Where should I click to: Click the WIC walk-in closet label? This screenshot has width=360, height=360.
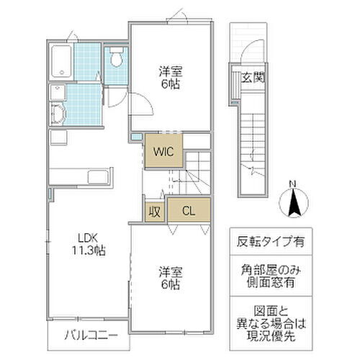[x=161, y=151]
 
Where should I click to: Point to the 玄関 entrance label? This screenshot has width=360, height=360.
[x=251, y=78]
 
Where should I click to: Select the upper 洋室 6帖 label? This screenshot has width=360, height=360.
[x=171, y=78]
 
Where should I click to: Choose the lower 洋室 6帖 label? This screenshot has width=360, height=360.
[x=171, y=279]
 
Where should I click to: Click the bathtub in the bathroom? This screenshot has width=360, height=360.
[x=63, y=61]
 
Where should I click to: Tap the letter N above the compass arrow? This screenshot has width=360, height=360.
[x=294, y=184]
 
